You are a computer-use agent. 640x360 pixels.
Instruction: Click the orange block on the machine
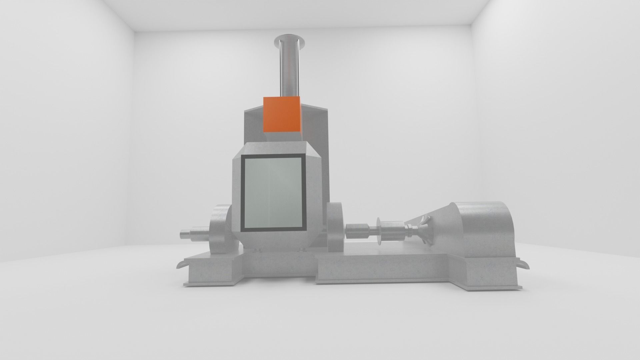[x=282, y=114]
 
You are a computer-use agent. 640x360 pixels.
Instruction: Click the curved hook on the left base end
[x=182, y=264]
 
